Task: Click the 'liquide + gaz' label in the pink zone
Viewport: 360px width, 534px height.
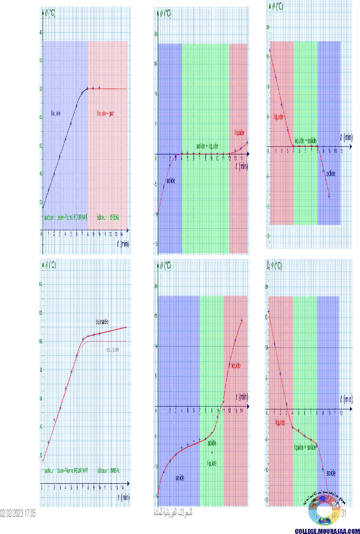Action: click(106, 114)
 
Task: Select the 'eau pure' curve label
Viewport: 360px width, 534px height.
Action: click(112, 349)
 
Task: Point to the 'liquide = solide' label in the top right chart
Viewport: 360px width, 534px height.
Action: click(306, 141)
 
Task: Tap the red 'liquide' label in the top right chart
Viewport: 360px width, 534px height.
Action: click(279, 116)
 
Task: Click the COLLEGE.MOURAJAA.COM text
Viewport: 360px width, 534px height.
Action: click(327, 531)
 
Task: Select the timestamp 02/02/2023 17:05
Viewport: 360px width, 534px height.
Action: click(18, 513)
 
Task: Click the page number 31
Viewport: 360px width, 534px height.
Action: click(345, 513)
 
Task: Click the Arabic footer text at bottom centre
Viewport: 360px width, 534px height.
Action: click(173, 512)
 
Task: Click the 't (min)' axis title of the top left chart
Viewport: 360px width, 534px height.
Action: click(123, 244)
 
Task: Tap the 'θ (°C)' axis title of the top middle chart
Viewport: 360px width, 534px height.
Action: click(164, 13)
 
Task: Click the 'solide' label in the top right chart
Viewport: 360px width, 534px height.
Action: click(330, 173)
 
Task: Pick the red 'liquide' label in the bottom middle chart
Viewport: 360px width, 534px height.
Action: click(235, 366)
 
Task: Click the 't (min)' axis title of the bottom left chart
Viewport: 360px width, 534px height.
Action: click(123, 497)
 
